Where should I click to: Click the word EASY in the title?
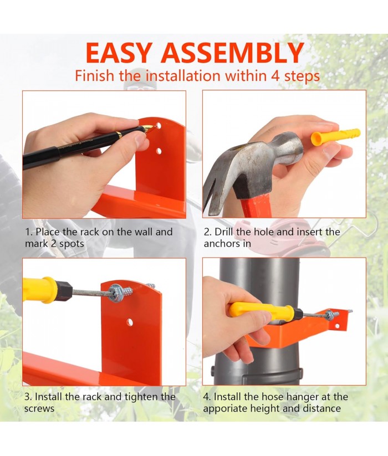pos(119,53)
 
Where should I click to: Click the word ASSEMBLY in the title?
pos(232,53)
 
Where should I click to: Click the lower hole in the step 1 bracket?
pos(159,151)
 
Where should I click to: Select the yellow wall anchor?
pos(335,137)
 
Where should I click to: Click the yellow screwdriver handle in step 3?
pos(39,290)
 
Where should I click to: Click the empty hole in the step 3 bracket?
pos(130,322)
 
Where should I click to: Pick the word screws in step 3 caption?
pos(39,408)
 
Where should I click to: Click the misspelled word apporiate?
pos(229,408)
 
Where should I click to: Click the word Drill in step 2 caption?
pos(224,232)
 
